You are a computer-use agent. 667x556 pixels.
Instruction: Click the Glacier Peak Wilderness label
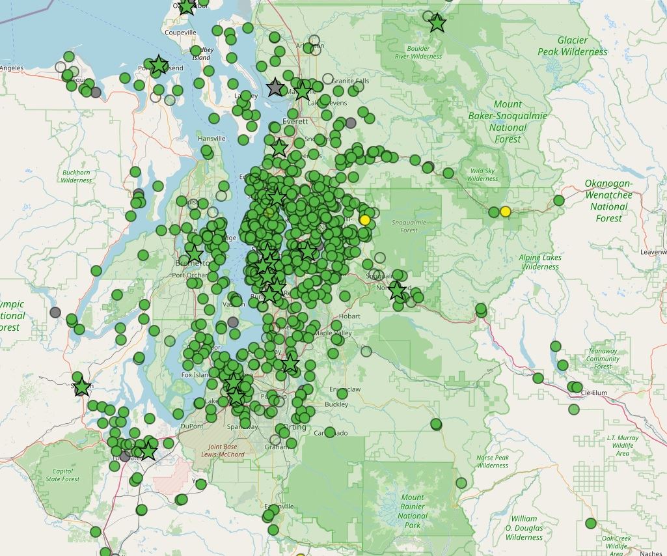pos(573,46)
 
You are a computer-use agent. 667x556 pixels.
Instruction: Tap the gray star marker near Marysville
pos(276,88)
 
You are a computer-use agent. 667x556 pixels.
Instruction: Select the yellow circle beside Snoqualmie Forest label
pos(364,220)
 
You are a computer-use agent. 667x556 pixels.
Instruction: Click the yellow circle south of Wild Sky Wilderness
pos(505,212)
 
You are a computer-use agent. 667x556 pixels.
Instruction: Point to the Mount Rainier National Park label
pos(413,511)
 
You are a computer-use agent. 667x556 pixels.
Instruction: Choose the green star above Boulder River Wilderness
pos(437,23)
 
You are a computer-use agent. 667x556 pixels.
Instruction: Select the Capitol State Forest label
pos(62,475)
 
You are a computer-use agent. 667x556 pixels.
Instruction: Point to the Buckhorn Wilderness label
pos(77,176)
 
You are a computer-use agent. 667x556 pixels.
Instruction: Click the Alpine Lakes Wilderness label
pos(540,262)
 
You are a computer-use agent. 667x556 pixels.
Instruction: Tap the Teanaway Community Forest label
pos(603,359)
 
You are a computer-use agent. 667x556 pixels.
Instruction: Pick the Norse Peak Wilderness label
pos(492,461)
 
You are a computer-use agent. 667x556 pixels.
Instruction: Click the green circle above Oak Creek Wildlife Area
pos(591,523)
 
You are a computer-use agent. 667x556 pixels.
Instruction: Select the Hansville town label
pos(211,139)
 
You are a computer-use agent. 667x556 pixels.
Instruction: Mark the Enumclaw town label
pos(344,389)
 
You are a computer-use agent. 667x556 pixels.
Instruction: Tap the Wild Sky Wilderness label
pos(482,174)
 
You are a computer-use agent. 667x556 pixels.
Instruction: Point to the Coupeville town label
pos(180,32)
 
